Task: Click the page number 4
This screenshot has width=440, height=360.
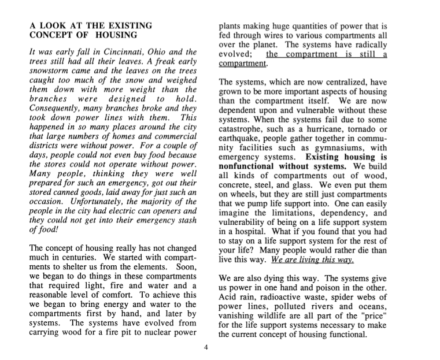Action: (207, 347)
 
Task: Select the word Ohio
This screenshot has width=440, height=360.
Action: (143, 53)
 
